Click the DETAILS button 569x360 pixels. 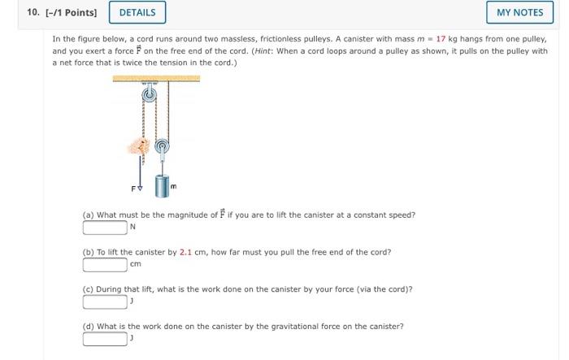pos(137,12)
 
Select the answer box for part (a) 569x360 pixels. pos(105,228)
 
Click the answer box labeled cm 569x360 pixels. pos(105,265)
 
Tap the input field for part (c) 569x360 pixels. pos(105,302)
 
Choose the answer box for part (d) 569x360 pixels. pos(105,339)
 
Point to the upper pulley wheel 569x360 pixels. pos(149,95)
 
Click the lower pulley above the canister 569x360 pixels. pos(162,146)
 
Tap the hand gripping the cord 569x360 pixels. pos(139,146)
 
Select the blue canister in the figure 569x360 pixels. pos(163,186)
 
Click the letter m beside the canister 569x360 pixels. pos(173,186)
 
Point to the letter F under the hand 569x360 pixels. pos(133,189)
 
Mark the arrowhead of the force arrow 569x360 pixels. pos(140,189)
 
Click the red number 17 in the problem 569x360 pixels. pos(441,39)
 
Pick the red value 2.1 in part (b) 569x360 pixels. pos(185,252)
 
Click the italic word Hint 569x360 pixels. pos(263,51)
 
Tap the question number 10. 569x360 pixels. pos(33,12)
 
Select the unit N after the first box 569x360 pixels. pos(132,227)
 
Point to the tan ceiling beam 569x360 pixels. pos(156,78)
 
